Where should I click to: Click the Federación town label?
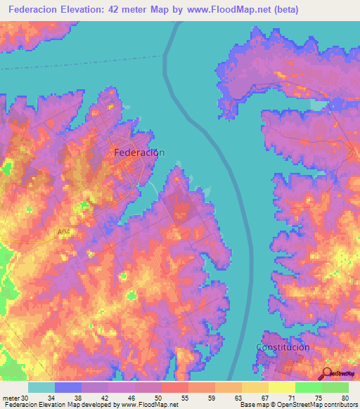tap(139, 152)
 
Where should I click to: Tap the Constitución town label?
tap(283, 347)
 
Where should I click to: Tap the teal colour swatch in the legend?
tap(41, 387)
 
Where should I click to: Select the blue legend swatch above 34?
tap(68, 387)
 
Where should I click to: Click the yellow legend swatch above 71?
tap(282, 387)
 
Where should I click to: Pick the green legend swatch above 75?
tap(309, 387)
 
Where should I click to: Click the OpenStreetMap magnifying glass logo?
tap(326, 373)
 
